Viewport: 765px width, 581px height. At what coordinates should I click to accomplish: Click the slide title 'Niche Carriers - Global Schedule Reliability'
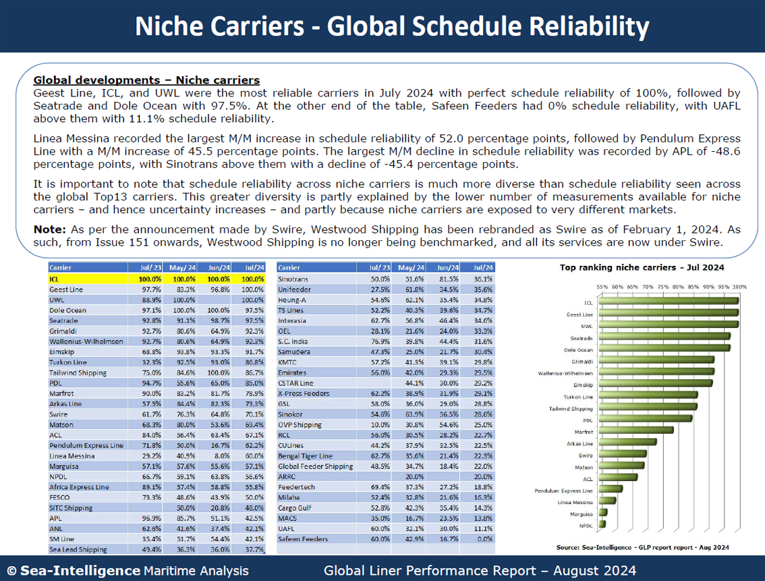click(392, 26)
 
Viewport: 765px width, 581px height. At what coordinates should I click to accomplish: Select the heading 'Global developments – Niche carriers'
click(146, 80)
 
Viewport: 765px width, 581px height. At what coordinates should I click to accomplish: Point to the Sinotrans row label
click(293, 279)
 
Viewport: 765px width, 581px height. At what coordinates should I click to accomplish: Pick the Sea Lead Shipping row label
click(78, 549)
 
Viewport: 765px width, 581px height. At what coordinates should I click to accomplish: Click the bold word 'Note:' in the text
click(48, 229)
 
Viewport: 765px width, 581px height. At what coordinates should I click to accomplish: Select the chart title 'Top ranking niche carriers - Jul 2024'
click(642, 267)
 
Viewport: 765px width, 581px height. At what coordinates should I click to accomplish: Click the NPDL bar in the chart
click(602, 524)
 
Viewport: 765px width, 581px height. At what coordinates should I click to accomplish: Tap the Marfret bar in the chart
click(635, 430)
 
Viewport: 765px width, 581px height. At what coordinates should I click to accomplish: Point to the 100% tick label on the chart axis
click(739, 287)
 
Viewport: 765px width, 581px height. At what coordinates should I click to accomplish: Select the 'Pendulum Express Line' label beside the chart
click(563, 491)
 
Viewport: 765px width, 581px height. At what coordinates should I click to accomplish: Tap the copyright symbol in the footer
click(11, 571)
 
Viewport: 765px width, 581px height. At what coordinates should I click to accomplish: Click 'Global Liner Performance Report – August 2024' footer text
click(480, 571)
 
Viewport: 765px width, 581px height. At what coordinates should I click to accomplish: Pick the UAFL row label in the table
click(287, 528)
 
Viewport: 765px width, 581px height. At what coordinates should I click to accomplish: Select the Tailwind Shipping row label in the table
click(78, 372)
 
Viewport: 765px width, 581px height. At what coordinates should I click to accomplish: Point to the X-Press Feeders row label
click(304, 393)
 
